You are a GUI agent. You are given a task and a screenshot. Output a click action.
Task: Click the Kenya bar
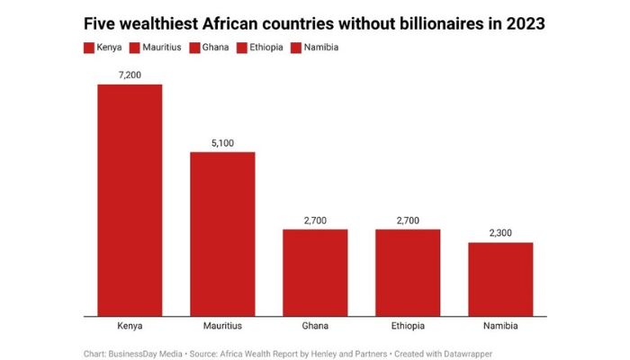130,200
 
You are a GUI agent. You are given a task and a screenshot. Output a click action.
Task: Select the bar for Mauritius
222,234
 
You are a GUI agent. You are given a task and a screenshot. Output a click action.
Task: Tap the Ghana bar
315,273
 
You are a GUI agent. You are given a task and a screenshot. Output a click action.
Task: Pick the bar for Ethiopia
408,273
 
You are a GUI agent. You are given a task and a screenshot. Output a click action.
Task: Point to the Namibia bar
500,279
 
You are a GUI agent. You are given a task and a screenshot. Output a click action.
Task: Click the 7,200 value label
130,75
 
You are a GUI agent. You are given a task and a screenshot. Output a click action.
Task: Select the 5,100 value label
222,142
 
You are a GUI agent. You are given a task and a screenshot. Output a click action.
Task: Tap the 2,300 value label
500,233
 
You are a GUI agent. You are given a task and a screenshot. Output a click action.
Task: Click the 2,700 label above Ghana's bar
315,220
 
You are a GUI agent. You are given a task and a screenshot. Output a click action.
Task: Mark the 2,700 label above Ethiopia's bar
408,220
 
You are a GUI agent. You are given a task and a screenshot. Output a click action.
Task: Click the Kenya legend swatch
88,47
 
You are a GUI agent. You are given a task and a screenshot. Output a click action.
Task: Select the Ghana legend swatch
198,47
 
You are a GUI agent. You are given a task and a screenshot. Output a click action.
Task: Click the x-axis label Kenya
130,327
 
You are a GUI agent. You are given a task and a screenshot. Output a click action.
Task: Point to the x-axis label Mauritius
222,327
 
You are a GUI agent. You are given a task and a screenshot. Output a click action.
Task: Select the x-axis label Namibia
500,327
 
